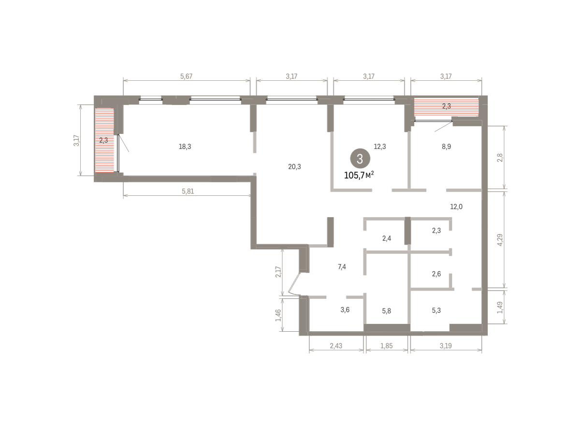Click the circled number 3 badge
tap(360, 159)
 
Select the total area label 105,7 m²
tap(359, 176)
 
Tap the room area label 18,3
tap(185, 147)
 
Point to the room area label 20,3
tap(294, 167)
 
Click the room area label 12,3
tap(380, 147)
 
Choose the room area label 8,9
tap(447, 147)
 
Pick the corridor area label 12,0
tap(456, 206)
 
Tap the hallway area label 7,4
tap(342, 267)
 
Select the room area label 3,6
tap(345, 310)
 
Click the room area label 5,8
tap(387, 311)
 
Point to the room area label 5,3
tap(436, 310)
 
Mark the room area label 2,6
tap(436, 274)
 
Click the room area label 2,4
tap(387, 238)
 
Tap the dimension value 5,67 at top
tap(187, 76)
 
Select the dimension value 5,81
tap(188, 191)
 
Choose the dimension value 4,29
tap(500, 240)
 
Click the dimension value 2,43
tap(336, 346)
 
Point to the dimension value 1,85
tap(387, 346)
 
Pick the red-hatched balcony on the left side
tap(104, 140)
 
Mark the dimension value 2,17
tap(278, 272)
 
